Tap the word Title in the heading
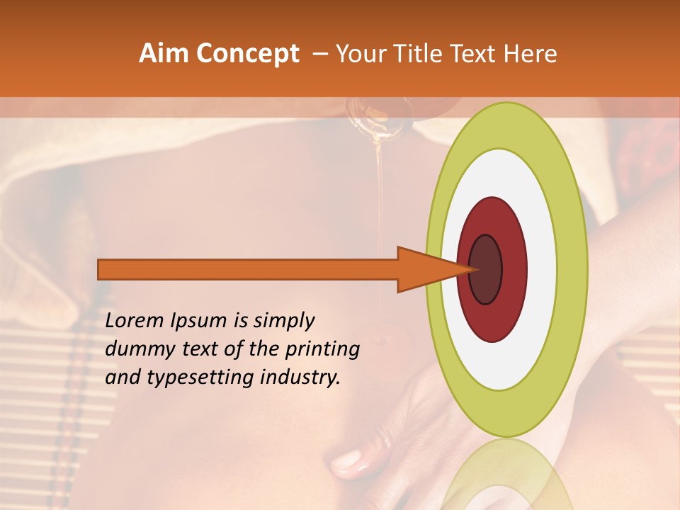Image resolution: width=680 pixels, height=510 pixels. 430,54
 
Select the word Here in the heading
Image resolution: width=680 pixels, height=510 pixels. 531,54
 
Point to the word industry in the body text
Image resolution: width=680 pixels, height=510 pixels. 297,378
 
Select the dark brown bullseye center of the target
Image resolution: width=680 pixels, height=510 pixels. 486,269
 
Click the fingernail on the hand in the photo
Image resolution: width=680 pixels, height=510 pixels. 346,461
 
